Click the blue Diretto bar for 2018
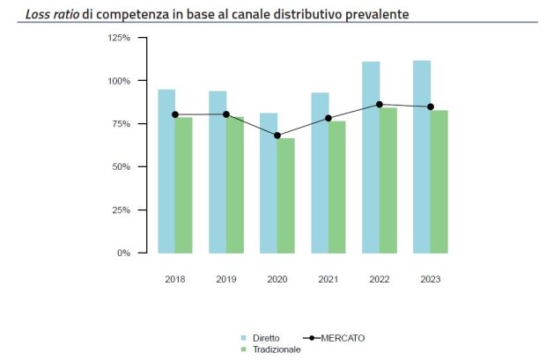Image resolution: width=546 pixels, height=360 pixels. pyautogui.click(x=166, y=172)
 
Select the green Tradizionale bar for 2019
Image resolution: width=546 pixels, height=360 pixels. pyautogui.click(x=234, y=185)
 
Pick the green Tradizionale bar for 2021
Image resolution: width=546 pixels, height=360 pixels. pyautogui.click(x=336, y=187)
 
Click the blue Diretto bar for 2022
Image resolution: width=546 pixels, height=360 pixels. pyautogui.click(x=371, y=158)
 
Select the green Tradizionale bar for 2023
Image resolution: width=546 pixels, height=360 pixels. pyautogui.click(x=439, y=181)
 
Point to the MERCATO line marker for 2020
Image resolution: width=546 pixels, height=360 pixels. pyautogui.click(x=277, y=136)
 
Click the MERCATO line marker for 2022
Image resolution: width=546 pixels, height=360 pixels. pyautogui.click(x=380, y=104)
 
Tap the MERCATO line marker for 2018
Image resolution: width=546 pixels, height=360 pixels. pyautogui.click(x=175, y=114)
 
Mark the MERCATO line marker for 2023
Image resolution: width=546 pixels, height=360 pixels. pyautogui.click(x=431, y=107)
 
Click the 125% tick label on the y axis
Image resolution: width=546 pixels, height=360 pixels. pyautogui.click(x=118, y=38)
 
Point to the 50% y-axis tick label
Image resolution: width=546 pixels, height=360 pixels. pyautogui.click(x=121, y=167)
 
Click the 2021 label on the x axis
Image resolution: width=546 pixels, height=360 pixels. pyautogui.click(x=328, y=279)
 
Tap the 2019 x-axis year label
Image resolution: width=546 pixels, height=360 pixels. pyautogui.click(x=226, y=279)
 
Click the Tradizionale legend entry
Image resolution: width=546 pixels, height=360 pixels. pyautogui.click(x=276, y=349)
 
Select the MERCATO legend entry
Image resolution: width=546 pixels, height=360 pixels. pyautogui.click(x=343, y=338)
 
